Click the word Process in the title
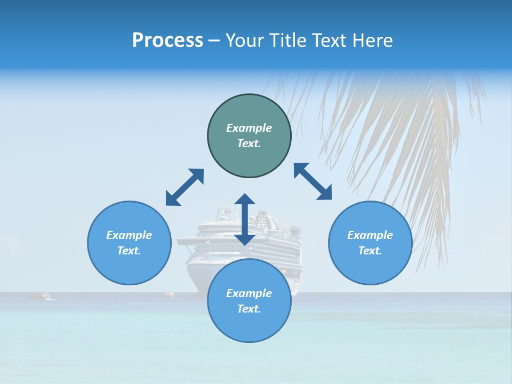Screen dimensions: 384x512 [167, 40]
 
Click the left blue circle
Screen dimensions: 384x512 [129, 243]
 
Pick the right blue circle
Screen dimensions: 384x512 [370, 243]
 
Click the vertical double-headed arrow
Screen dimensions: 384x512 [245, 219]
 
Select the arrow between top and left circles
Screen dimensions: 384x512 [185, 187]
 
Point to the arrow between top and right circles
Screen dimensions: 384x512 [313, 181]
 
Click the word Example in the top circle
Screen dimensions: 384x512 [249, 128]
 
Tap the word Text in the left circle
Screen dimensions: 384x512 [129, 251]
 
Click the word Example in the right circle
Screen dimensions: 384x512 [370, 235]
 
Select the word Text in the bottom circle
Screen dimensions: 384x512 [249, 309]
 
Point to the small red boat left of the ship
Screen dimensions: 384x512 [170, 293]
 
